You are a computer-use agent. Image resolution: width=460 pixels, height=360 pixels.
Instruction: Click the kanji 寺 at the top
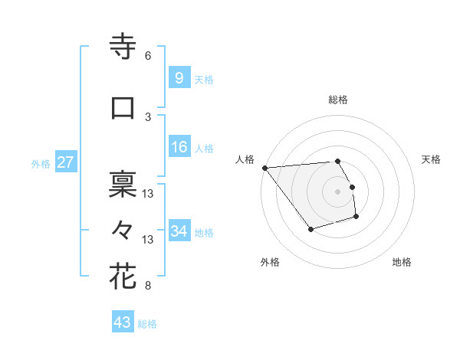coord(123,47)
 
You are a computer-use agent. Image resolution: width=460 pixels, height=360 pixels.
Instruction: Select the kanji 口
coord(123,108)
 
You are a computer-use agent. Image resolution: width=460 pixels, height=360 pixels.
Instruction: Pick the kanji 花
coord(123,276)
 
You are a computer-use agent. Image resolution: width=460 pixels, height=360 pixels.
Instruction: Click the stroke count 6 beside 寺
coord(148,56)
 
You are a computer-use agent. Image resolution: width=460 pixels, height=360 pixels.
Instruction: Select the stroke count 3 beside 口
coord(148,116)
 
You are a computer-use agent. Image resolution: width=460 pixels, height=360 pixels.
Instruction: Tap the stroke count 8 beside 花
coord(148,286)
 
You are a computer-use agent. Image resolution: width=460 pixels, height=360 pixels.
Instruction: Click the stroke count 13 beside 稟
coord(149,194)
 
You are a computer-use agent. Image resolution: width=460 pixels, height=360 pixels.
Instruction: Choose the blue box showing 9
coord(179,78)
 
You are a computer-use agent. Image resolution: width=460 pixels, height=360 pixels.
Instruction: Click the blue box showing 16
coord(179,147)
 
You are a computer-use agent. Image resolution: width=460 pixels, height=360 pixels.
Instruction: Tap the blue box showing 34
coord(179,231)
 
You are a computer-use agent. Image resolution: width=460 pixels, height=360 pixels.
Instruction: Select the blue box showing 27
coord(65,162)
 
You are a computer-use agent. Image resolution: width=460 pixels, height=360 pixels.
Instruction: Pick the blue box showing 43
coord(122,322)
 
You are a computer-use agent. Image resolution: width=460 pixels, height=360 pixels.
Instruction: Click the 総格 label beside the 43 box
coord(147,324)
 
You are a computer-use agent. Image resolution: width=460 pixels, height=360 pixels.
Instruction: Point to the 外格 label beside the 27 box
coord(41,163)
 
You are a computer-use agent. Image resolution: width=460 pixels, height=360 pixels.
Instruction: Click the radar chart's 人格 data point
coord(264,168)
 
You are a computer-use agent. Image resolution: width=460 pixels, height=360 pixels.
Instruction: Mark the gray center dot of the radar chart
coord(338,191)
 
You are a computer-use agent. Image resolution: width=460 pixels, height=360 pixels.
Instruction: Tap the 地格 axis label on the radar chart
coord(402,263)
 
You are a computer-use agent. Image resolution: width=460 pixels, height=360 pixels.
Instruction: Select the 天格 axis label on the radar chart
coord(431,159)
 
